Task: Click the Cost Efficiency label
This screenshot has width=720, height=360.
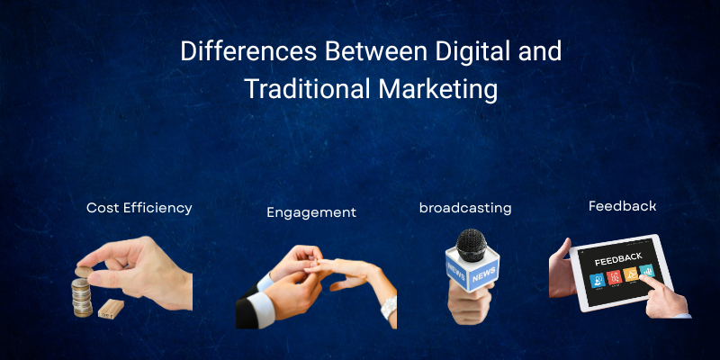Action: coord(139,208)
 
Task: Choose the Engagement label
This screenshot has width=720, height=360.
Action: coord(311,213)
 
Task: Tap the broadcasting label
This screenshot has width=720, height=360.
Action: coord(465,208)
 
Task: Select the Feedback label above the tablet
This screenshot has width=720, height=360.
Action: coord(622,206)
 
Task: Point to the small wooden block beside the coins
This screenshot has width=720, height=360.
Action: coord(111,309)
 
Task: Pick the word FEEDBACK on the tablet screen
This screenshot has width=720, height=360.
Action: coord(617,259)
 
